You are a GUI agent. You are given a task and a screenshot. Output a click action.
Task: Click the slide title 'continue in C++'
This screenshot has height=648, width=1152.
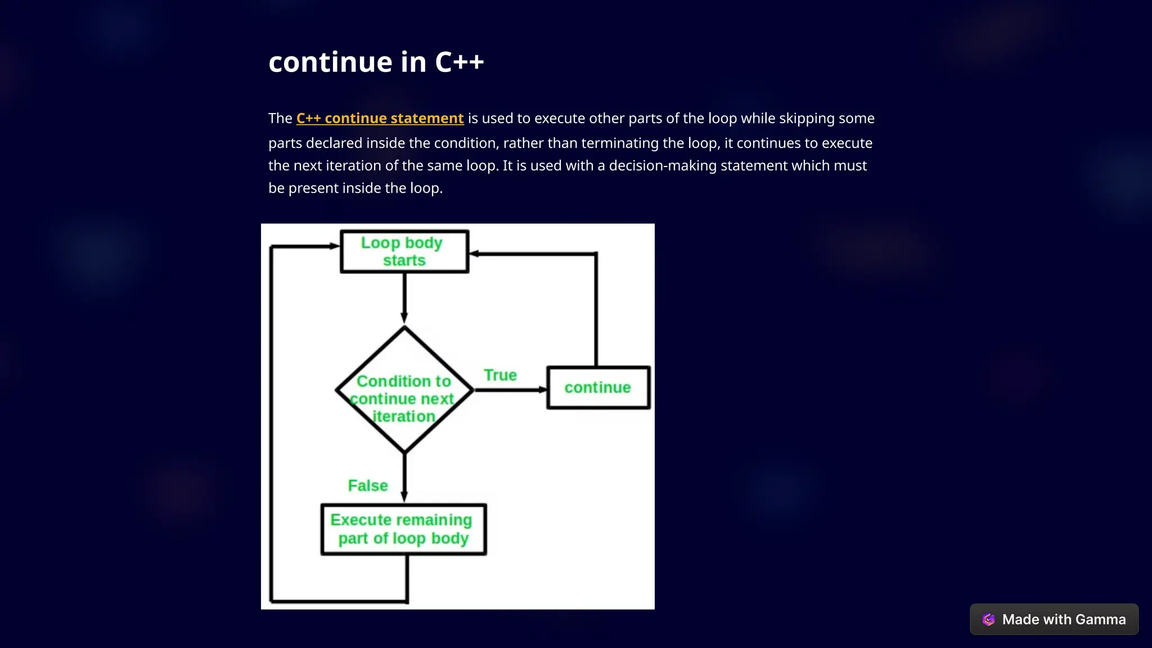tap(376, 62)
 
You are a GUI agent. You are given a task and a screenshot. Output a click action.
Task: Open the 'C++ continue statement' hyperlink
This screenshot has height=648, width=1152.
tap(380, 119)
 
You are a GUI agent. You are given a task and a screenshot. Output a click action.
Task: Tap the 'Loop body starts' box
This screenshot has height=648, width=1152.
tap(404, 251)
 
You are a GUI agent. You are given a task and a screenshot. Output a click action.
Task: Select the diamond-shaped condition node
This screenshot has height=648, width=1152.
tap(404, 390)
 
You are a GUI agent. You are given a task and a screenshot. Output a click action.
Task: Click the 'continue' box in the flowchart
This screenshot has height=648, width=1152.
tap(598, 388)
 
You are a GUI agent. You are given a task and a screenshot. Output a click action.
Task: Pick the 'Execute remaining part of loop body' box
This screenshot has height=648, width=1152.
tap(403, 529)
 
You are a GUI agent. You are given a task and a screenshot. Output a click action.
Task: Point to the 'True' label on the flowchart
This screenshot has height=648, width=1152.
tap(500, 375)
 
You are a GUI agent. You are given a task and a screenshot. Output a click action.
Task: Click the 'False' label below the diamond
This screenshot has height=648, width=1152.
tap(368, 485)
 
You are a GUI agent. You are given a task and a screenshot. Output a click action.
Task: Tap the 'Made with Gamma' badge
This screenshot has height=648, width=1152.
tap(1054, 619)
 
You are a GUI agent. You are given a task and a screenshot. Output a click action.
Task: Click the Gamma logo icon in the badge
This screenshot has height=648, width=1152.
tap(988, 619)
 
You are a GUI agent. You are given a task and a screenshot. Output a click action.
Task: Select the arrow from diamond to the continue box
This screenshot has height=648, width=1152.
tap(509, 389)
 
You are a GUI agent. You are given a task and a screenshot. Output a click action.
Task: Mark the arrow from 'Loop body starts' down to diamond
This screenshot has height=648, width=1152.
tap(404, 298)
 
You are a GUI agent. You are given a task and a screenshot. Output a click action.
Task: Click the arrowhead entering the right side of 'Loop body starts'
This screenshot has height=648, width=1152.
tap(474, 254)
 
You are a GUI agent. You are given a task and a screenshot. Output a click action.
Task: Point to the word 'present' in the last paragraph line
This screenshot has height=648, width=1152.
tap(313, 188)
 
